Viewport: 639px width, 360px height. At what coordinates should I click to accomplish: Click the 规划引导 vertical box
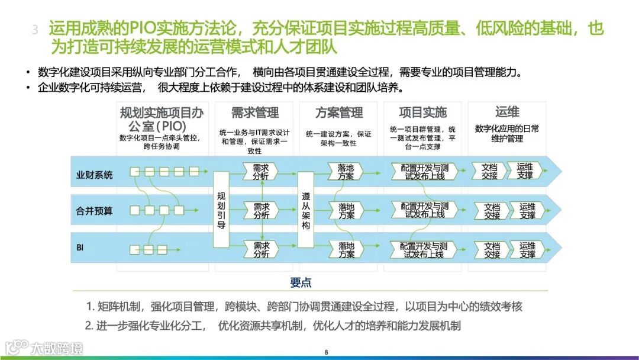coord(221,210)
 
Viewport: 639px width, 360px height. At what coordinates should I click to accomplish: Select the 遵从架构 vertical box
coord(305,210)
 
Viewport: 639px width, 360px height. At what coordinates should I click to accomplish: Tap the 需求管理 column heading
coord(254,112)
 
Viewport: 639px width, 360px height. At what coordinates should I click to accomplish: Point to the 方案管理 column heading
coord(339,112)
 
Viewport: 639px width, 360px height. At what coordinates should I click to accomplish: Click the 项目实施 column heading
coord(422,112)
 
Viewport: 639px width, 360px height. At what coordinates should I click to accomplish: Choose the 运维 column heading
coord(507,112)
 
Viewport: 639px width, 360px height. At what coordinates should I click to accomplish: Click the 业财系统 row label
coord(94,175)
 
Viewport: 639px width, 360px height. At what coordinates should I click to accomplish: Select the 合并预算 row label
coord(94,210)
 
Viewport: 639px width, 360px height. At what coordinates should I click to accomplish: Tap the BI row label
coord(80,246)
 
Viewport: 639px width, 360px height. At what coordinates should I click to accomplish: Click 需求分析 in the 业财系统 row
coord(261,171)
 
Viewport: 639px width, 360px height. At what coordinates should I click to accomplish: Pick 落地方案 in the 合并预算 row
coord(346,211)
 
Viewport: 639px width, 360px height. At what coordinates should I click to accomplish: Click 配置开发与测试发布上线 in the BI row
coord(424,250)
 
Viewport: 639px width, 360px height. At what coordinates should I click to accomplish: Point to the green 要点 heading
coord(301,282)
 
